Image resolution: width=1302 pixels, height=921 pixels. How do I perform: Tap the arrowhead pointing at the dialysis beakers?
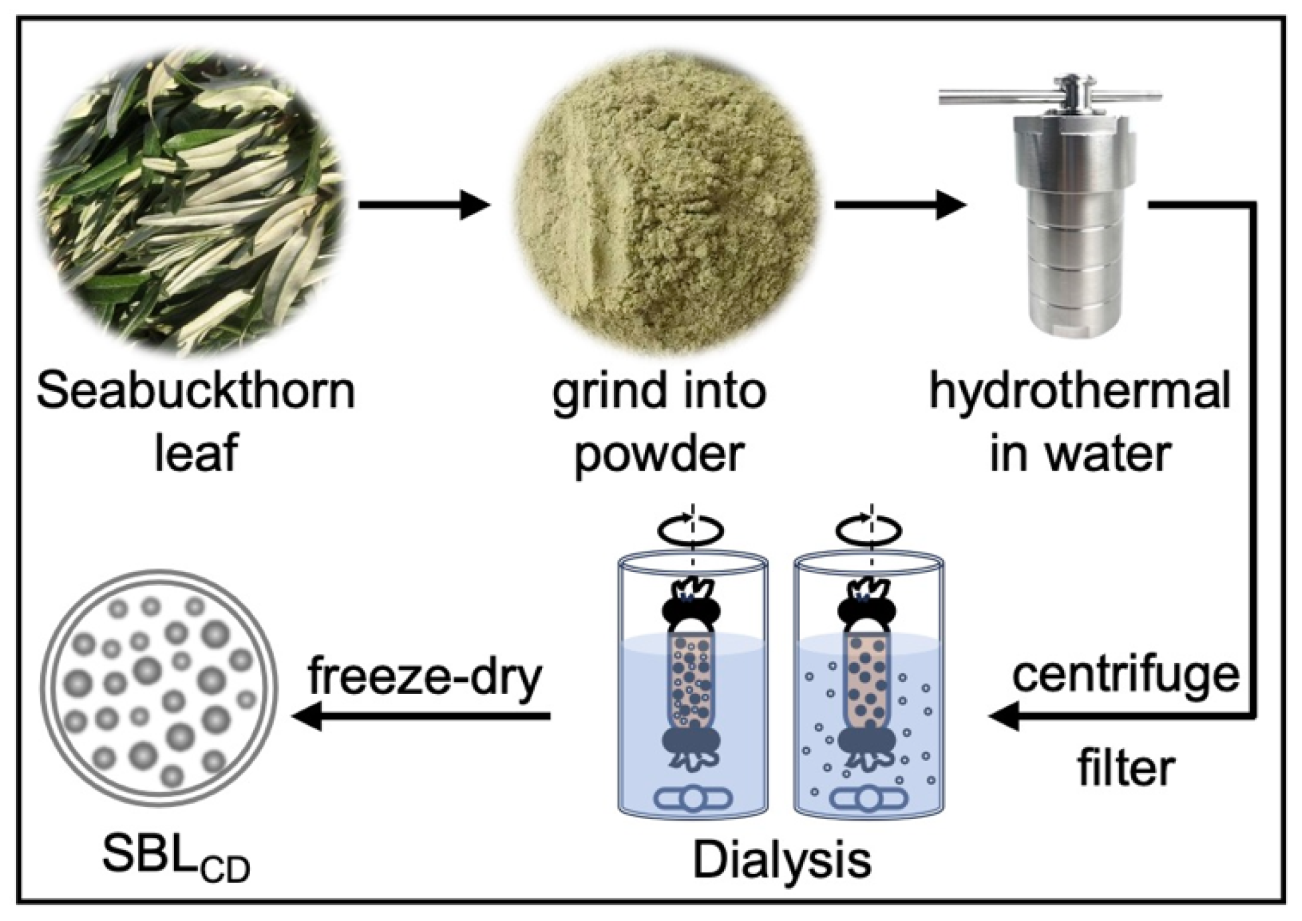point(1005,717)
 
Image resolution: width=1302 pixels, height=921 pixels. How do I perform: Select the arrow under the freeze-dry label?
point(422,717)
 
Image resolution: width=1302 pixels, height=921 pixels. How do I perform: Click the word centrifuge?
point(1125,675)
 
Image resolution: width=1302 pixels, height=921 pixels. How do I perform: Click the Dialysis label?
point(782,860)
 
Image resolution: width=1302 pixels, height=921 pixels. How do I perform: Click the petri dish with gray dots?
point(159,690)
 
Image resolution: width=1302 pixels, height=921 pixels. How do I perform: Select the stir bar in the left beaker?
point(693,799)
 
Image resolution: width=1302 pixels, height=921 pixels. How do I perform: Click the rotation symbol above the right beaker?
point(869,529)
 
